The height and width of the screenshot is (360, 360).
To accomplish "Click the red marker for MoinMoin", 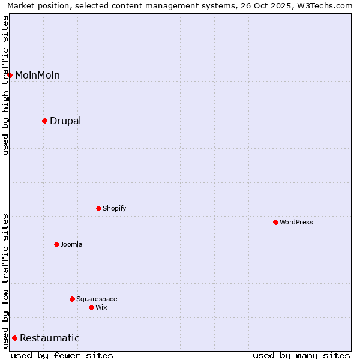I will point(10,75).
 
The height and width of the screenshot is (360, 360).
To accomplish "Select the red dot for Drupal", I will point(44,121).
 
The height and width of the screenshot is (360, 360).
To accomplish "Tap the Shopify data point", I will point(98,208).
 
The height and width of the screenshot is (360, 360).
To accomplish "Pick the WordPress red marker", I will point(275,222).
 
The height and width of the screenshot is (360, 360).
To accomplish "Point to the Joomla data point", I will point(56,244).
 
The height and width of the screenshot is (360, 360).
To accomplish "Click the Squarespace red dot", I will point(72,299).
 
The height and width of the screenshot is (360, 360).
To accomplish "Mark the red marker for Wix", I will point(91,307).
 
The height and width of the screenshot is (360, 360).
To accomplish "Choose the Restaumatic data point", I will point(14,338).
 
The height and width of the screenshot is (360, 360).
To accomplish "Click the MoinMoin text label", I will point(37,75).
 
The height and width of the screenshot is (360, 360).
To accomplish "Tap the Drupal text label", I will point(65,121).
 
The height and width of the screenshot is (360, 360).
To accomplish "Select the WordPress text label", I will point(296,222).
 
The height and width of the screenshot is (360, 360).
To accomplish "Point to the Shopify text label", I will point(114,208).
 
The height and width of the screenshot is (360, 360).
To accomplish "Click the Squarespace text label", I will point(97,299).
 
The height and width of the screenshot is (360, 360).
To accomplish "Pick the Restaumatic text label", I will point(50,338).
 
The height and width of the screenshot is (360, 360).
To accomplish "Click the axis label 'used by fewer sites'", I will point(62,355).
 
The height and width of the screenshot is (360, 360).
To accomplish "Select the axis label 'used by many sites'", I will point(301,355).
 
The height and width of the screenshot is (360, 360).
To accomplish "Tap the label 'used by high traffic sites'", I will point(5,85).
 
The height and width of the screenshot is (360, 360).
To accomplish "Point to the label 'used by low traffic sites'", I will point(5,281).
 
